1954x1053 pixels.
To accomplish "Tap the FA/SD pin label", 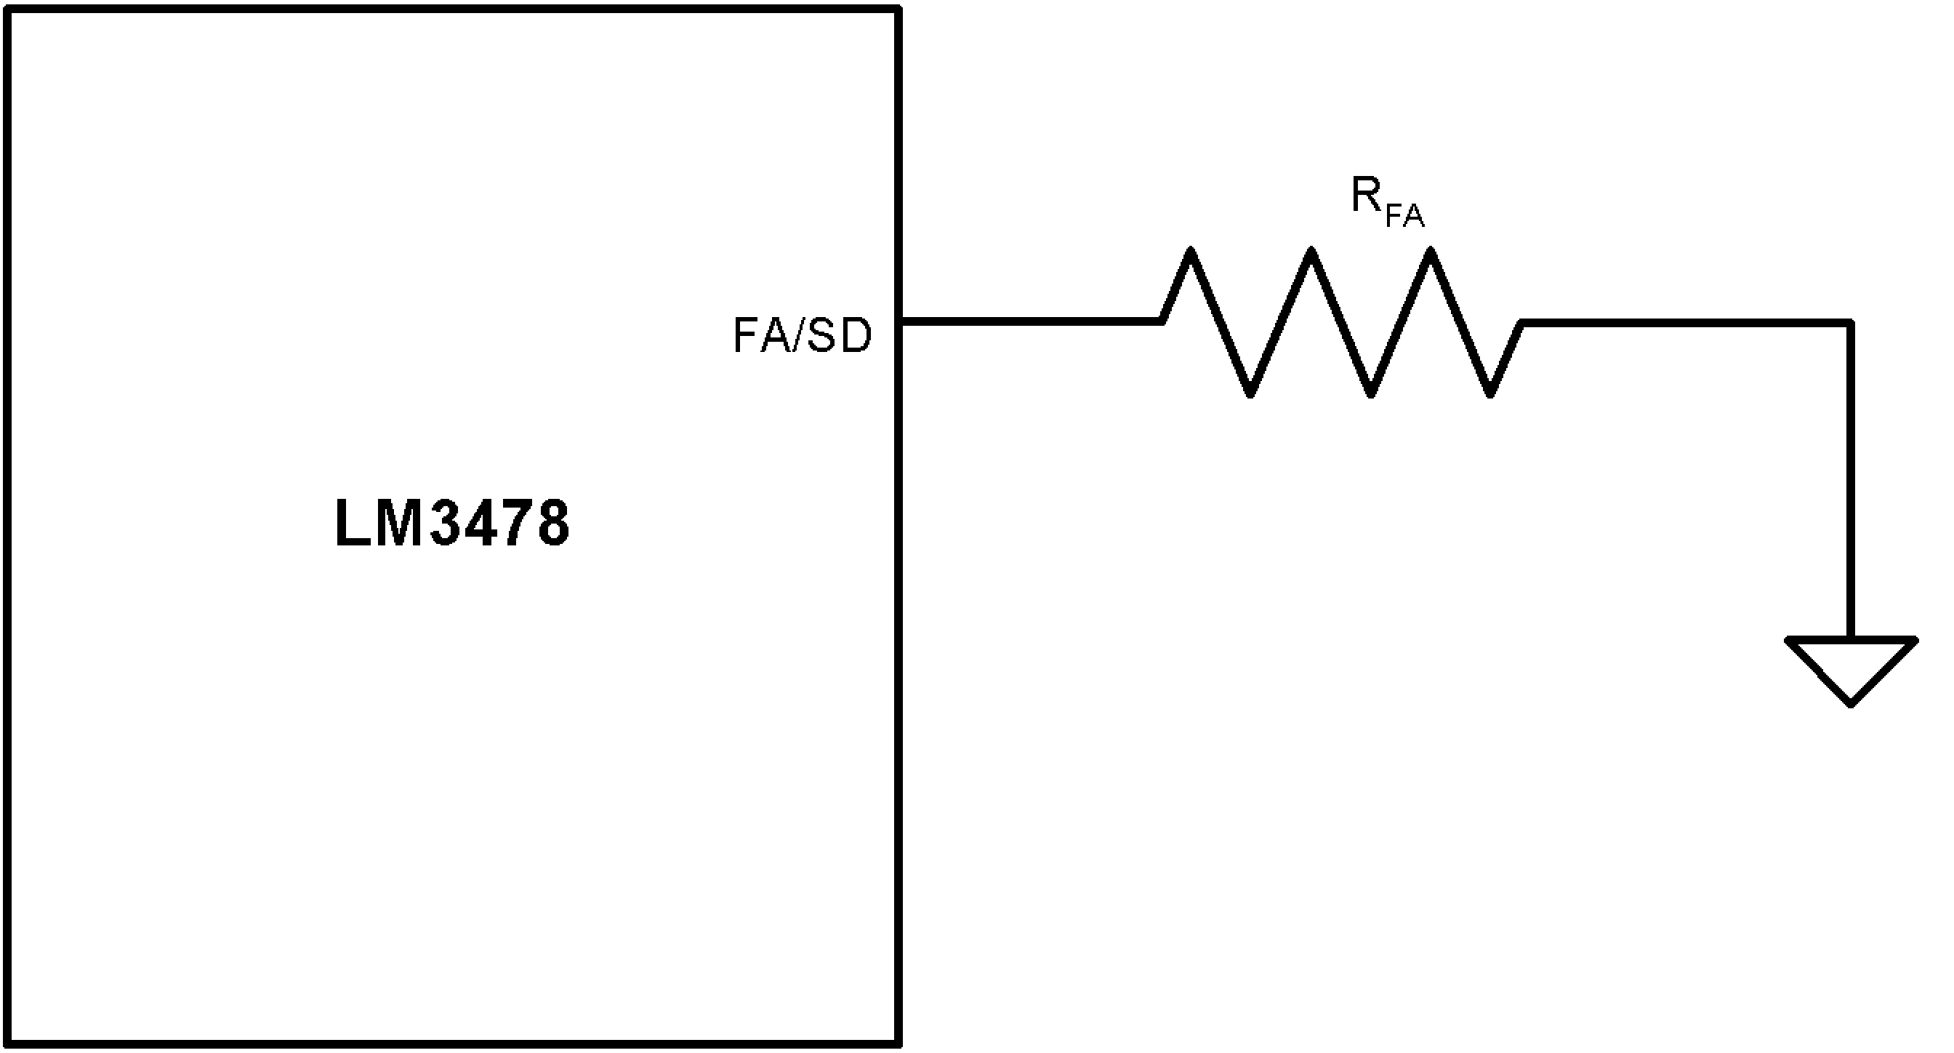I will pos(802,336).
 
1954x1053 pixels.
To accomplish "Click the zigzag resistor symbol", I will pos(1340,322).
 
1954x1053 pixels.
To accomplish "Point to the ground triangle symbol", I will pos(1852,666).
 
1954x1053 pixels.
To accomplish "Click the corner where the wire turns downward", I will pos(1852,323).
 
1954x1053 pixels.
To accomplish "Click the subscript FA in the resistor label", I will pos(1405,216).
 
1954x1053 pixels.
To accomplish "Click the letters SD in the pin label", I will pos(840,336).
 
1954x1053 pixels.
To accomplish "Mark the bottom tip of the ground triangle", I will pos(1852,704).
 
